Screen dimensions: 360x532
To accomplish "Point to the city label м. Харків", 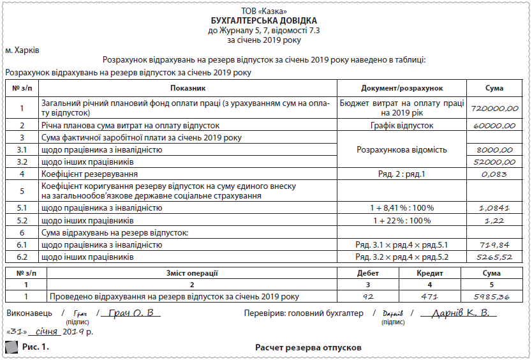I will pyautogui.click(x=22, y=49).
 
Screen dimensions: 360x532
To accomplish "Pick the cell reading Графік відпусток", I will pyautogui.click(x=402, y=126).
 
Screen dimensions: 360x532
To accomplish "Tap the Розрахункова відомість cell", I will pyautogui.click(x=402, y=149).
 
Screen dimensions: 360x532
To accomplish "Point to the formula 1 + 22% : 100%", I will pyautogui.click(x=402, y=220).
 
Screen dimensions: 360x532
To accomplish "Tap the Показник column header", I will pyautogui.click(x=188, y=87).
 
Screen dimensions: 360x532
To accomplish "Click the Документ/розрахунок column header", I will pyautogui.click(x=402, y=87).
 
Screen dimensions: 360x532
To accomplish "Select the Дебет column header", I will pyautogui.click(x=368, y=273).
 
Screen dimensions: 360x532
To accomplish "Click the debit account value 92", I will pyautogui.click(x=368, y=297).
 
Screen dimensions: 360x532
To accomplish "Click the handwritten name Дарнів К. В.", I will pyautogui.click(x=460, y=313).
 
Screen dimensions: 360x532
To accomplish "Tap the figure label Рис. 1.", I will pyautogui.click(x=35, y=347).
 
